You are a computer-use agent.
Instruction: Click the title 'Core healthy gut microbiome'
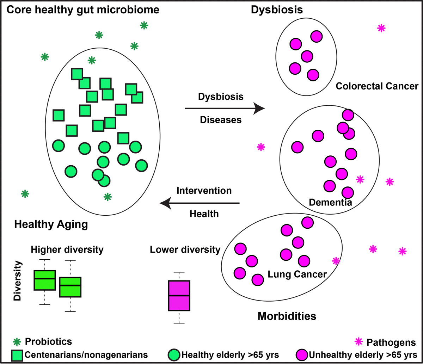(x=83, y=10)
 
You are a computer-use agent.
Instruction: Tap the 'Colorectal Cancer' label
(x=377, y=86)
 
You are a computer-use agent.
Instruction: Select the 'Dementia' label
(x=331, y=202)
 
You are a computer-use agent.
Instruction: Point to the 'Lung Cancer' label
(x=297, y=274)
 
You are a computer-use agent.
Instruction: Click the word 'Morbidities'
(x=287, y=316)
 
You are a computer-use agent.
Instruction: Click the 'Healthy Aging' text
(x=51, y=224)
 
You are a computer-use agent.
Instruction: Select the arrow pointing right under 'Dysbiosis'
(x=225, y=108)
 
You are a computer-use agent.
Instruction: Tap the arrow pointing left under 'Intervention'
(x=200, y=203)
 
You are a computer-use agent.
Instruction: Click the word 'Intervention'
(x=204, y=191)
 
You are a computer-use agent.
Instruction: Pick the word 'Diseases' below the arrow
(x=221, y=120)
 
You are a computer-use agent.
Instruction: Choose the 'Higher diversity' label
(x=67, y=250)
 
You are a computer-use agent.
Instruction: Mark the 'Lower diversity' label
(x=185, y=250)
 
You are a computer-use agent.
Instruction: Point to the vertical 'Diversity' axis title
(x=17, y=280)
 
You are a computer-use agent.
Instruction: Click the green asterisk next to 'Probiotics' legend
(x=17, y=342)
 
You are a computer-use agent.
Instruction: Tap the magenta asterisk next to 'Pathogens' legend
(x=358, y=341)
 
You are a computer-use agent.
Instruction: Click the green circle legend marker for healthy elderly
(x=174, y=355)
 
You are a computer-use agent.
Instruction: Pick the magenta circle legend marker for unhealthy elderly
(x=302, y=355)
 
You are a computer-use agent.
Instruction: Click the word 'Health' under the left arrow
(x=204, y=214)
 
